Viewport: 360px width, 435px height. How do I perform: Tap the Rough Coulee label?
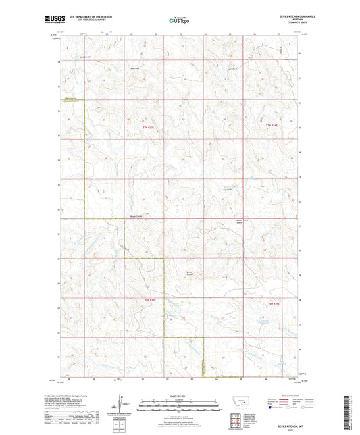coord(137,217)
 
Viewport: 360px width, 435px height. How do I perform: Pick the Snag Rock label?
coord(134,68)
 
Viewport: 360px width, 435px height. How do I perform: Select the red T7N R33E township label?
coord(149,128)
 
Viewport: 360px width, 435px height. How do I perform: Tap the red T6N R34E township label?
coord(274,303)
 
